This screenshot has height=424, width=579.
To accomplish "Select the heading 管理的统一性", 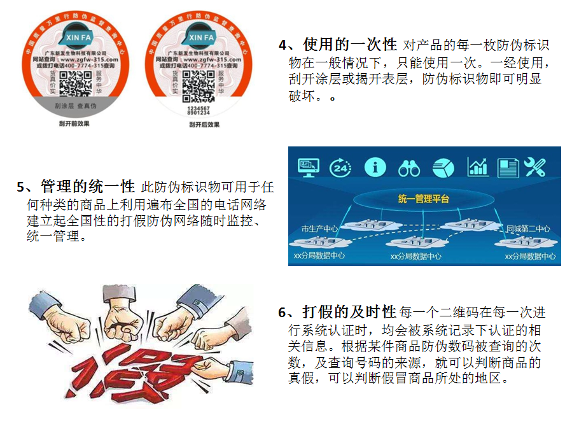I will point(88,187).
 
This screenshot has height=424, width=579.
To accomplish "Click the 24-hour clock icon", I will point(341,167).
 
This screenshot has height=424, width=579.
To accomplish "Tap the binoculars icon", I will point(408,167).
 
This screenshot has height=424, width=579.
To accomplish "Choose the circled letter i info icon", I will point(375,167).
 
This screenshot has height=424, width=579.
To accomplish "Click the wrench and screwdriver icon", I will point(534,167).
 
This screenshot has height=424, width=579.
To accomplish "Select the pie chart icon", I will point(443,167).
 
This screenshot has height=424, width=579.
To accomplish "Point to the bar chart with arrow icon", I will point(477,167).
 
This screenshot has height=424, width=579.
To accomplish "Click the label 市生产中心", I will point(319,229).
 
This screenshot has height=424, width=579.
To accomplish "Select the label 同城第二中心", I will point(527,229).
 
